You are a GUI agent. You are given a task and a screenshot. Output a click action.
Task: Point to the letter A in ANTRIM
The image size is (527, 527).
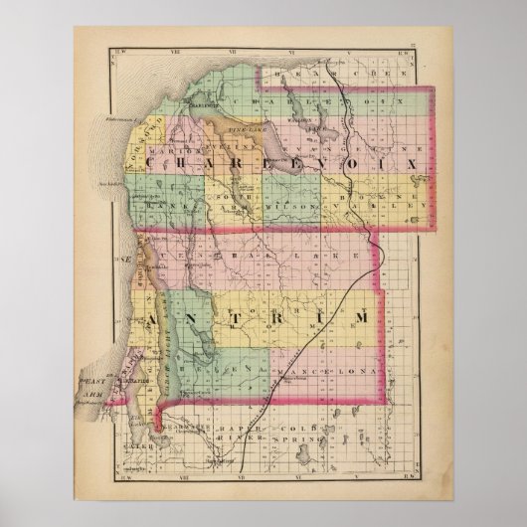[155, 319]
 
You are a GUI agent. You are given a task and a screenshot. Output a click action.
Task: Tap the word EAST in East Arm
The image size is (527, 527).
[95, 379]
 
